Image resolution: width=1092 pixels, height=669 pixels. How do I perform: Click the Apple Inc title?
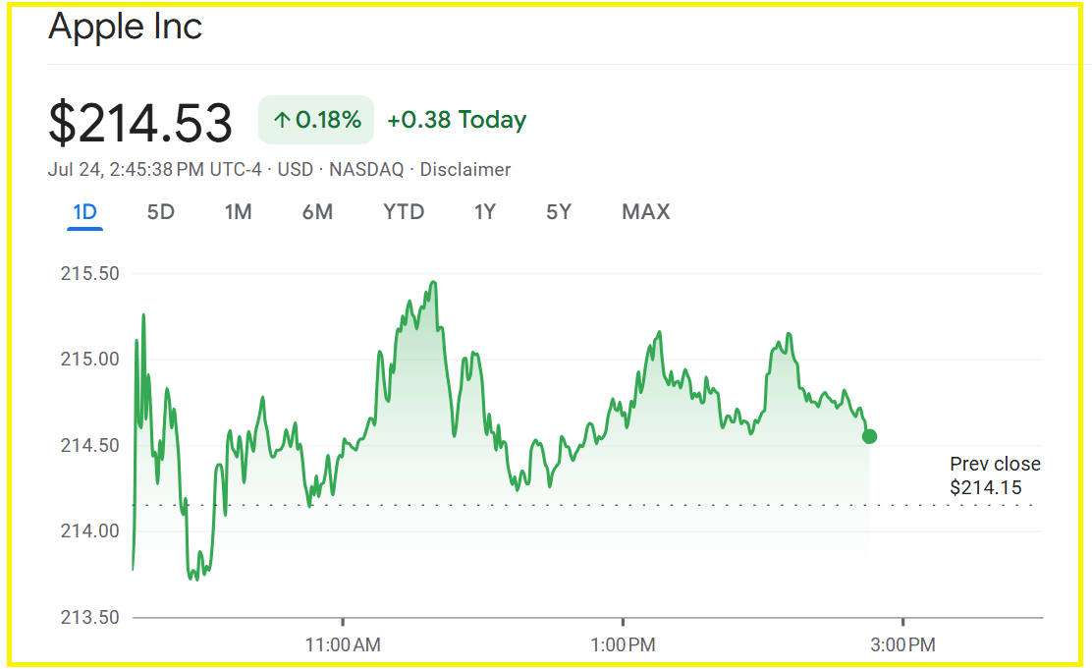[x=125, y=27]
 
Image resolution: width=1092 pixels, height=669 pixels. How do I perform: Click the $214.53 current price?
[x=140, y=123]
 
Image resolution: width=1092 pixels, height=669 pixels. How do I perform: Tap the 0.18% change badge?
[x=316, y=120]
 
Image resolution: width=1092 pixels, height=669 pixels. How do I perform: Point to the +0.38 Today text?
[x=457, y=120]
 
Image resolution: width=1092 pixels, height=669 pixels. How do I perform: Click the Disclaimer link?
[x=465, y=170]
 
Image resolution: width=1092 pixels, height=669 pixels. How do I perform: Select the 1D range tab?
[x=84, y=211]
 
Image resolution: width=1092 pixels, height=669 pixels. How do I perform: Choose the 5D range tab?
[x=160, y=211]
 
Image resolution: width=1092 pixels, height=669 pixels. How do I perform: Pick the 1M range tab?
[x=238, y=211]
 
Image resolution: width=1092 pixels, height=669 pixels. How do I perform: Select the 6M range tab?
[x=317, y=211]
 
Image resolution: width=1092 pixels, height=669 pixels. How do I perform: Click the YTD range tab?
[x=404, y=211]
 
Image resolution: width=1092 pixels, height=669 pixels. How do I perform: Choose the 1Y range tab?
[x=485, y=211]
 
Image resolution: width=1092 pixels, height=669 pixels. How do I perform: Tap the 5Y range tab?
[x=559, y=211]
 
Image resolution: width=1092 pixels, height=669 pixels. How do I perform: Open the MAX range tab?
[x=645, y=211]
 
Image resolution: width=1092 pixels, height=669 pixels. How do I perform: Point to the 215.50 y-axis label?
[x=90, y=273]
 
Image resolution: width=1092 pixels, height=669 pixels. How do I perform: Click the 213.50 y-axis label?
[x=90, y=617]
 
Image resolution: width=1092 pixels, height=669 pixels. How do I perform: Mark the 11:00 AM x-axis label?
[x=343, y=645]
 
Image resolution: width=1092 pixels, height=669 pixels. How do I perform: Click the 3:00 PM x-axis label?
[x=902, y=645]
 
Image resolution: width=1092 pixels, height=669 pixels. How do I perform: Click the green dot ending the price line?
[x=869, y=436]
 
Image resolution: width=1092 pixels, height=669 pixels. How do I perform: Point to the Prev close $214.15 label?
[x=995, y=475]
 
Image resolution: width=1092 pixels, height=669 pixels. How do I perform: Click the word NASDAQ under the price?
[x=366, y=170]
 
